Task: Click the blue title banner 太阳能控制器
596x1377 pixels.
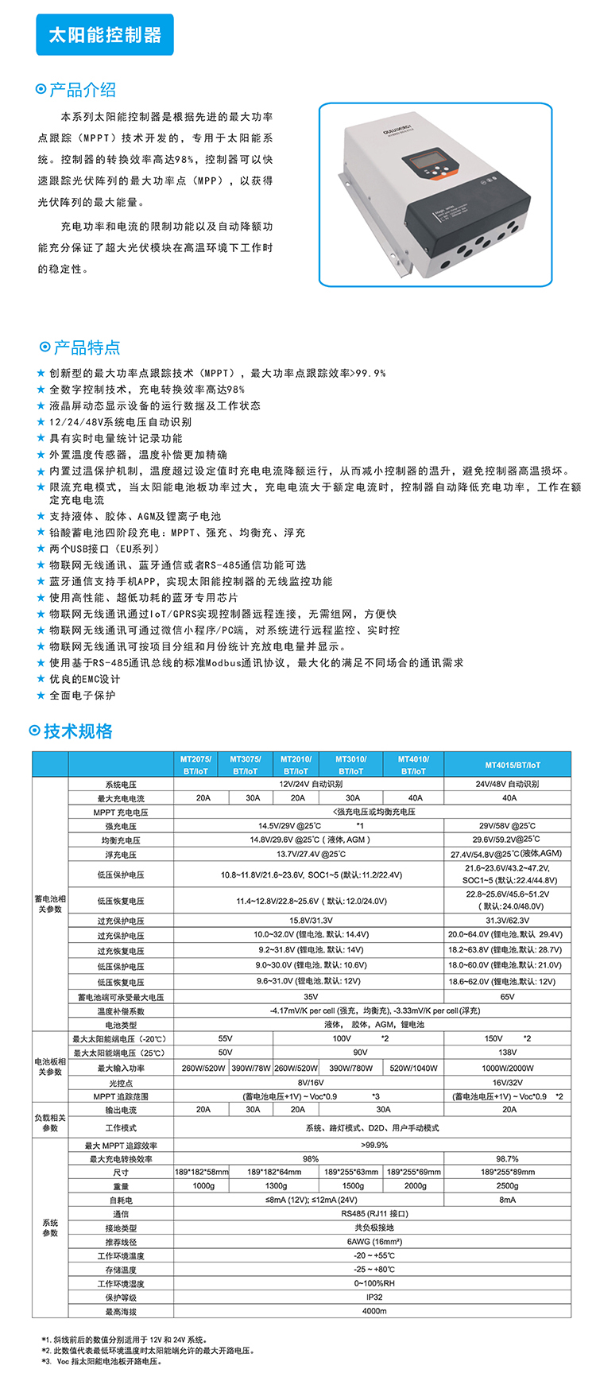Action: click(x=105, y=35)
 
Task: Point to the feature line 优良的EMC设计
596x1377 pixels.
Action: click(x=84, y=679)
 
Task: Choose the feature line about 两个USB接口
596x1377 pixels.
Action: click(x=104, y=549)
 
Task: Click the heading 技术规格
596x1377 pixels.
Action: click(x=78, y=731)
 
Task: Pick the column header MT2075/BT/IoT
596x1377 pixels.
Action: click(x=195, y=765)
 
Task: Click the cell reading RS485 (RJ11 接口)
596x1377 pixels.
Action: click(x=374, y=1214)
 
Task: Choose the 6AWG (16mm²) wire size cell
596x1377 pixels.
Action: click(x=374, y=1242)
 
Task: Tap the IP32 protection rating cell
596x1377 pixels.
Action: click(x=374, y=1297)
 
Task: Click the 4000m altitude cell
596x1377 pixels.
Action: click(x=374, y=1311)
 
